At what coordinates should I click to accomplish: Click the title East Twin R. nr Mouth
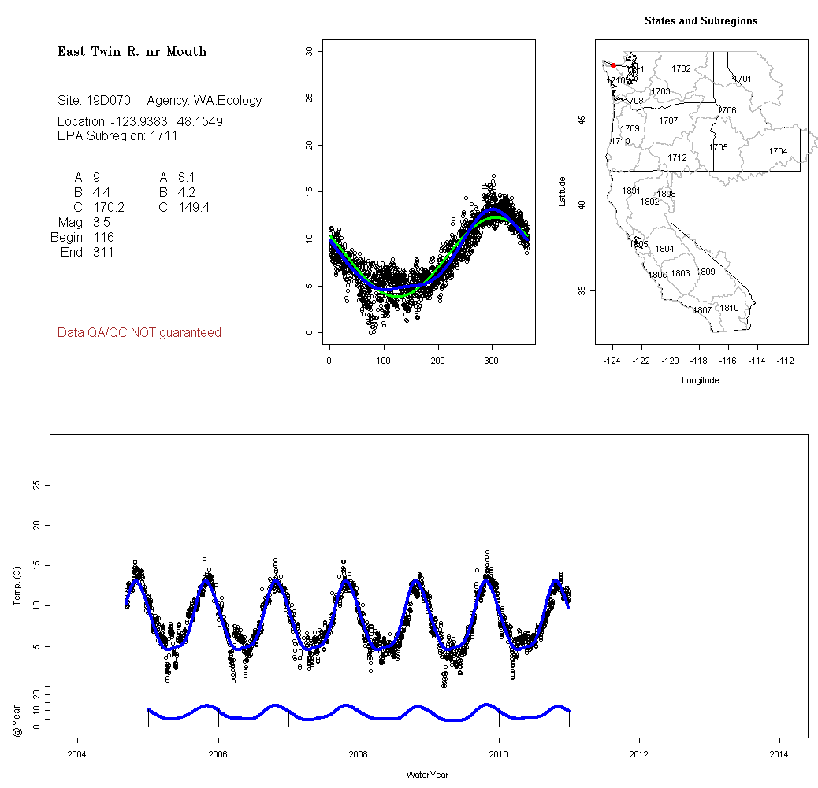132,52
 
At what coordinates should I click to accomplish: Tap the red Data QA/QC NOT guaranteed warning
139,333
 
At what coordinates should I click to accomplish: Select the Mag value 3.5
101,223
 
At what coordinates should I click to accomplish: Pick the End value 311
102,253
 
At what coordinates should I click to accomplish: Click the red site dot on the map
613,65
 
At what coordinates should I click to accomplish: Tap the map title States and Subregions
701,21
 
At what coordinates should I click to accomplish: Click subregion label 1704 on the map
778,151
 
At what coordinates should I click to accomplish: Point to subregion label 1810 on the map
730,308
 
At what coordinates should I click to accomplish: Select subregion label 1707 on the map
668,121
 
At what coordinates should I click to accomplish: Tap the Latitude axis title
563,191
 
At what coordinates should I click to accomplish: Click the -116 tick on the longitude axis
728,361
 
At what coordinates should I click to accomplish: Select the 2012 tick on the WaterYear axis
639,753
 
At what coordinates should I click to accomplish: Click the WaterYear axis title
428,775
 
